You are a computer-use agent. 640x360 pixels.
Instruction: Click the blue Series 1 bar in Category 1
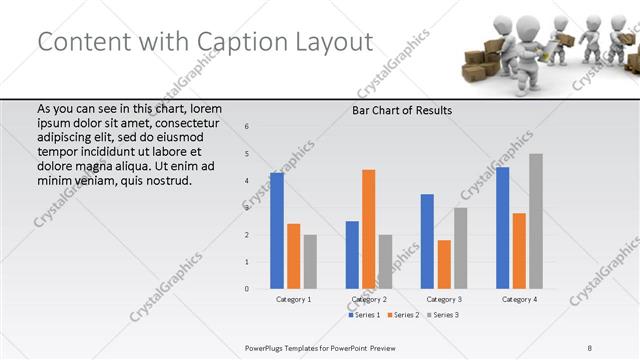[x=277, y=231]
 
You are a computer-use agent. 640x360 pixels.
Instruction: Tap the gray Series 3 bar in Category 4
[x=536, y=221]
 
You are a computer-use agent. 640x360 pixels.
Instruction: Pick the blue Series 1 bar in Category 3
[x=427, y=241]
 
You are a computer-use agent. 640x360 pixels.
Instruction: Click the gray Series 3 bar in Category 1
[x=310, y=261]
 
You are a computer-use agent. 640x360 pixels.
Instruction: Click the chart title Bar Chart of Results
[x=401, y=110]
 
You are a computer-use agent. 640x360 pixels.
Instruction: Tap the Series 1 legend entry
[x=364, y=315]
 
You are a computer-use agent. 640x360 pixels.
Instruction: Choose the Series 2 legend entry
[x=402, y=315]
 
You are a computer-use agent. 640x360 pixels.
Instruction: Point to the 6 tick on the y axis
[x=246, y=126]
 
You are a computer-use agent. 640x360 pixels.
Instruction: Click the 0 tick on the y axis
[x=246, y=289]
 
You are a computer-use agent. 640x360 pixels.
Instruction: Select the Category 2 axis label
[x=368, y=299]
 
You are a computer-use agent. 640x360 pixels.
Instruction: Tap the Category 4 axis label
[x=519, y=299]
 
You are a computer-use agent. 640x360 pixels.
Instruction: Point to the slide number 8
[x=590, y=347]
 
